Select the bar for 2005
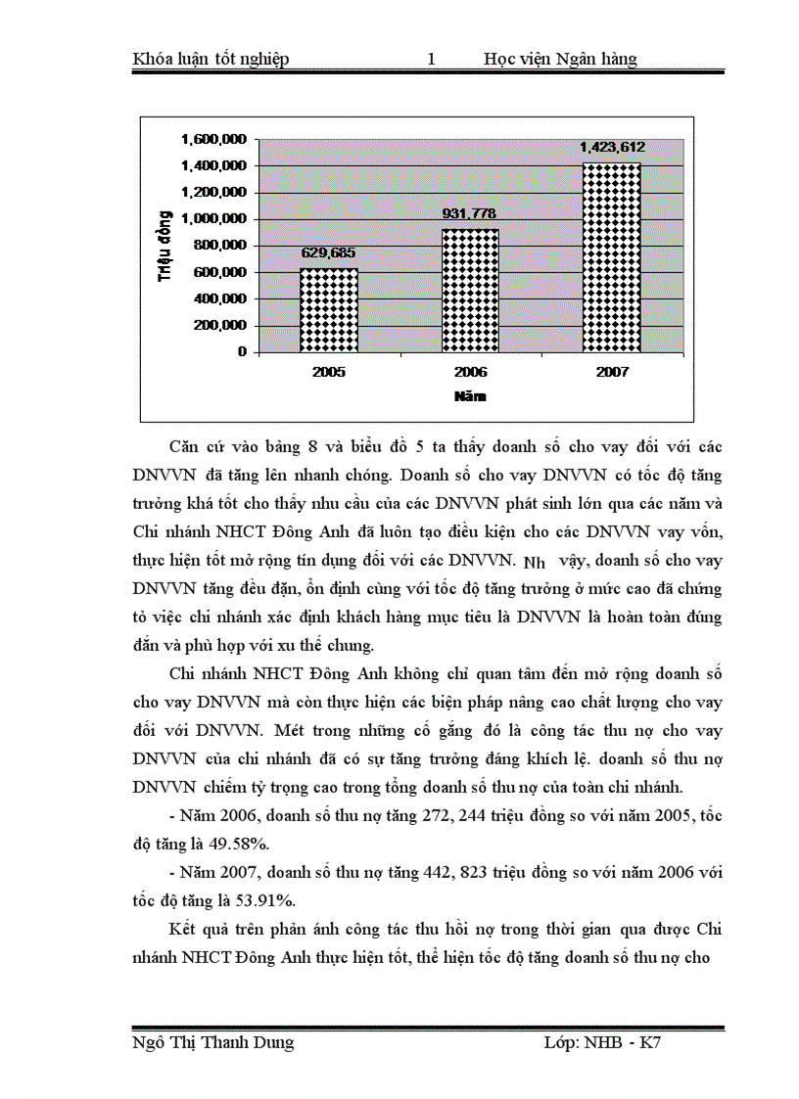[x=329, y=310]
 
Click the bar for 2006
[x=471, y=291]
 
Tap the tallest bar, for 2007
[x=612, y=257]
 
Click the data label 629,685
[x=328, y=252]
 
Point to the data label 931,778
[x=471, y=213]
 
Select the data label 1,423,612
[x=612, y=147]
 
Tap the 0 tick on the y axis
[x=241, y=351]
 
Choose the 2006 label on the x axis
[x=471, y=373]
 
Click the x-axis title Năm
[x=470, y=397]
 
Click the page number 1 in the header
[x=431, y=60]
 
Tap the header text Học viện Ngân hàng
[x=560, y=60]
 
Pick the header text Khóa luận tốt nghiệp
[x=211, y=60]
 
